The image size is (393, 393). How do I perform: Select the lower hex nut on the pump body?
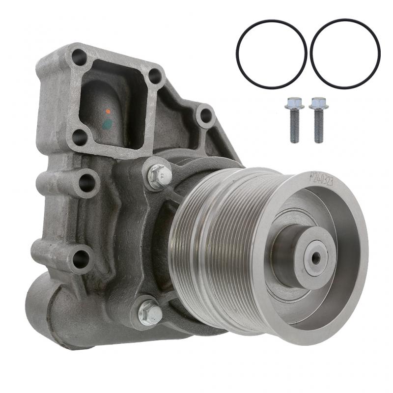150,312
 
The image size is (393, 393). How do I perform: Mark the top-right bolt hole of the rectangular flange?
155,76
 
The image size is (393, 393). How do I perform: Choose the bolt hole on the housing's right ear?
206,116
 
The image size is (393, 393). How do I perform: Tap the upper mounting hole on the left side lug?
86,183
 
